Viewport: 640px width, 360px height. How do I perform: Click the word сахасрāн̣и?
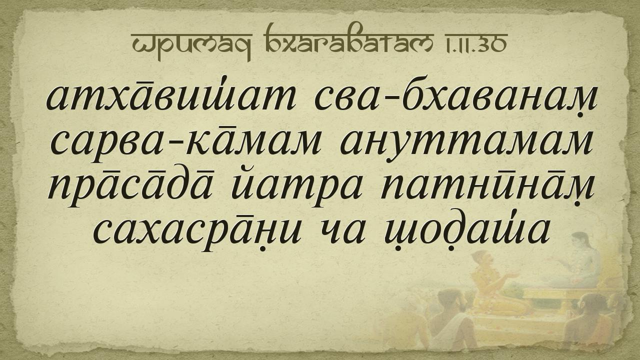click(x=197, y=233)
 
